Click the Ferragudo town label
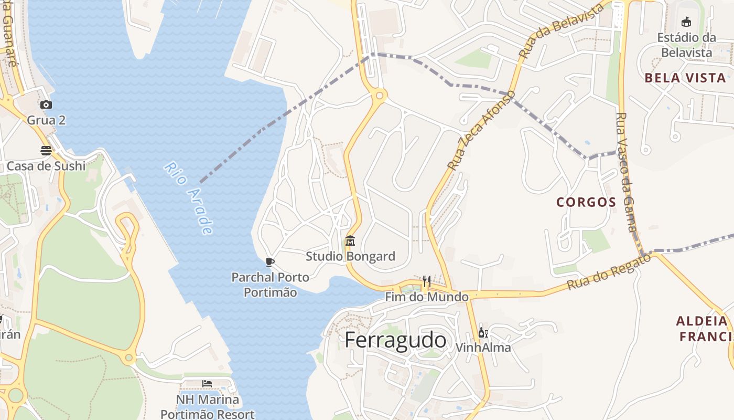[396, 340]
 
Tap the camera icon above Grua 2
[46, 105]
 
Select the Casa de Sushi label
[46, 166]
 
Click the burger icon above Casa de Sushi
[46, 151]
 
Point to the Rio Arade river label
[189, 198]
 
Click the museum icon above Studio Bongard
[350, 241]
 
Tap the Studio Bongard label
[350, 256]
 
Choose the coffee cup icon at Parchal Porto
[270, 262]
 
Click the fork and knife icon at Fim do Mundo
[426, 281]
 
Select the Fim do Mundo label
[427, 297]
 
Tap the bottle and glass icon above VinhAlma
[483, 333]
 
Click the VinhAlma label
[483, 348]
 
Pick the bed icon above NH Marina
[207, 384]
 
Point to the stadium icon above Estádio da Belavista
[686, 22]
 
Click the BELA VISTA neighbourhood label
[685, 78]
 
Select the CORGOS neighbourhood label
[586, 202]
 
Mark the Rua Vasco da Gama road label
[626, 172]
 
